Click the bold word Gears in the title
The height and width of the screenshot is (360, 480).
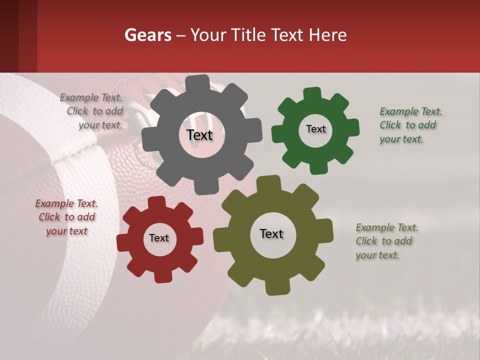[147, 35]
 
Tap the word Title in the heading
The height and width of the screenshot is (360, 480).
[250, 35]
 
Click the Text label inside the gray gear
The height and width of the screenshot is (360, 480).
[199, 135]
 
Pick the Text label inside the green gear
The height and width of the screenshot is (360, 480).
[315, 129]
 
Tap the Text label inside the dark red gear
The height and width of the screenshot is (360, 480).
[159, 238]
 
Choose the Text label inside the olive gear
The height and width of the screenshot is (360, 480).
[271, 233]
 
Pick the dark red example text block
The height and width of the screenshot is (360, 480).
[66, 217]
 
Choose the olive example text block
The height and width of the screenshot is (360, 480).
[386, 241]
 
